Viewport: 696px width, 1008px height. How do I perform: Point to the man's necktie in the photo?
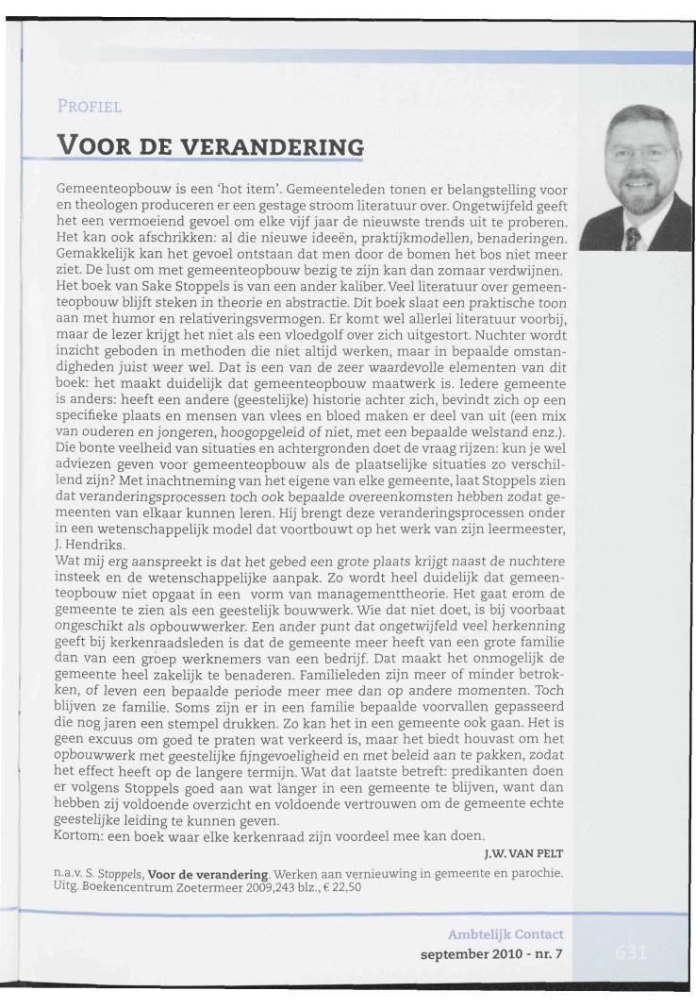coord(633,232)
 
